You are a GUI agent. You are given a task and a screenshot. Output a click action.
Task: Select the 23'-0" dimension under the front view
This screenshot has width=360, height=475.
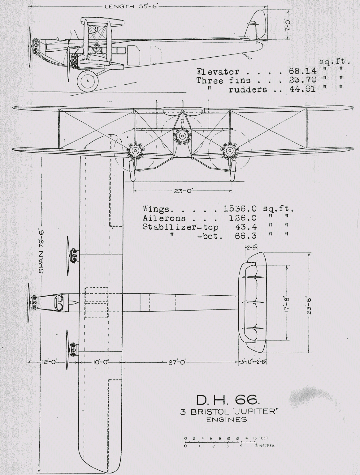coord(183,191)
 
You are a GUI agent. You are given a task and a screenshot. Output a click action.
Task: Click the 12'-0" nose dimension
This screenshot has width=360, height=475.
coord(49,362)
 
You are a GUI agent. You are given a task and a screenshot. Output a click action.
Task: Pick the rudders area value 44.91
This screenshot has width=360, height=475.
coord(301,90)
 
